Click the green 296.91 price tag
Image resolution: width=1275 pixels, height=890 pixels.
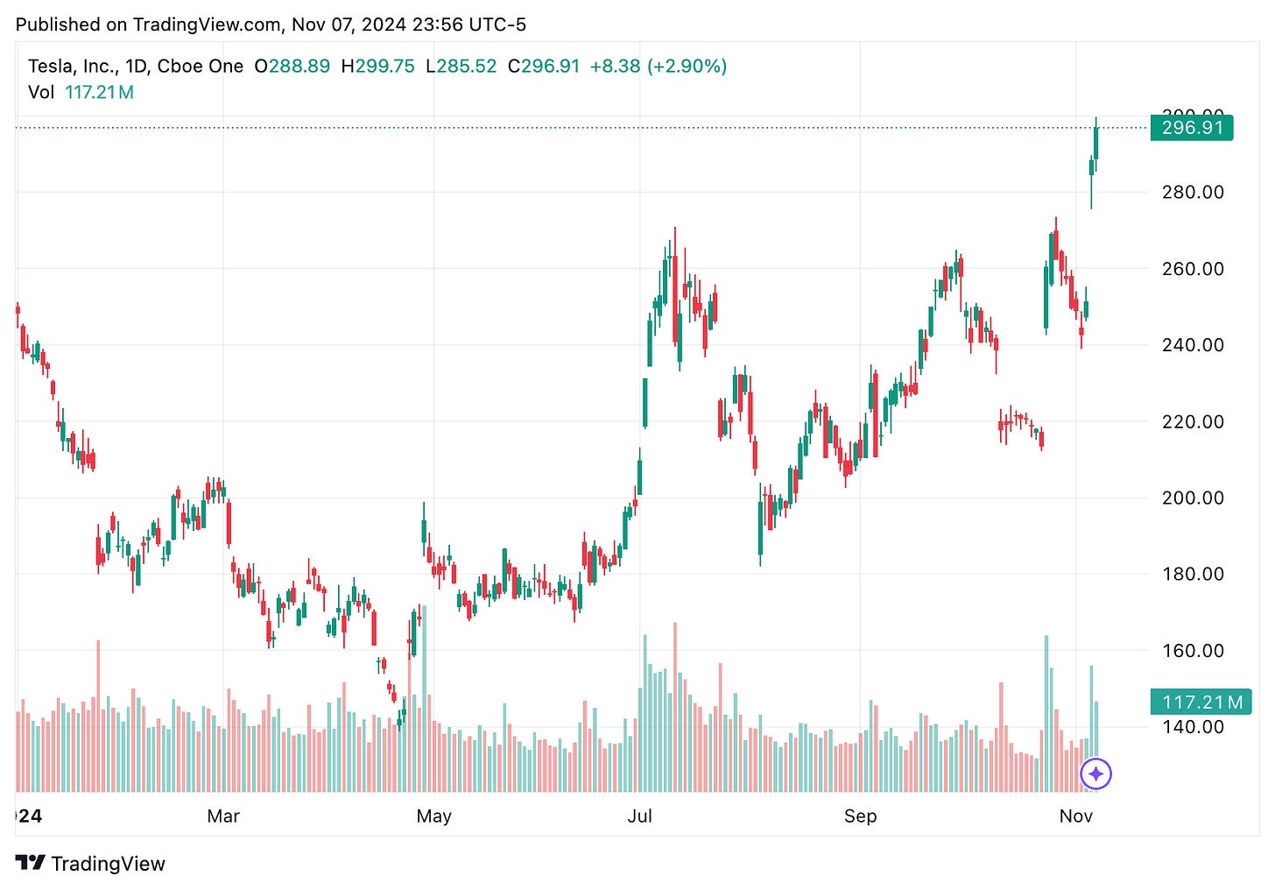click(x=1192, y=128)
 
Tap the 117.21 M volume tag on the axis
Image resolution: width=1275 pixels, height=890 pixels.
click(x=1201, y=702)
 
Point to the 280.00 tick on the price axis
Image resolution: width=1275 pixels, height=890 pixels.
click(x=1193, y=192)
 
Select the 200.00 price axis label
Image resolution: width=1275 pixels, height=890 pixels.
click(x=1193, y=498)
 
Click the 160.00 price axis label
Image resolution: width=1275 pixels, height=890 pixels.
click(x=1193, y=650)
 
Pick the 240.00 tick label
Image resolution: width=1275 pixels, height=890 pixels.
click(x=1193, y=345)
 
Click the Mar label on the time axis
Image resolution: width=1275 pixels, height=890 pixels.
click(x=223, y=816)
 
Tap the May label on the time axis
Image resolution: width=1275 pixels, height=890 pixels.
click(x=433, y=816)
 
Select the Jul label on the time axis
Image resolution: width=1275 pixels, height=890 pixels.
click(x=639, y=816)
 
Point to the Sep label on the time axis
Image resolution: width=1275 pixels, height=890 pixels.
click(x=860, y=816)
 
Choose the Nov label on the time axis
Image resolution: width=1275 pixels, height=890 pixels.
click(x=1075, y=816)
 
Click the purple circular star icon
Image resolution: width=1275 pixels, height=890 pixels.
click(x=1095, y=773)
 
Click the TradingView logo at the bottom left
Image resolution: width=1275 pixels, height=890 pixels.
click(x=90, y=864)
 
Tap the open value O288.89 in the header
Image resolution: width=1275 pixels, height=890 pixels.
click(x=292, y=67)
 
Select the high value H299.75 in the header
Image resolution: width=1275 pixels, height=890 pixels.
click(x=377, y=67)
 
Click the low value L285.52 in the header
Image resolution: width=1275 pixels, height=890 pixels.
click(x=461, y=67)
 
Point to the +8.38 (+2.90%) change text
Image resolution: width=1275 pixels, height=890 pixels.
click(x=659, y=67)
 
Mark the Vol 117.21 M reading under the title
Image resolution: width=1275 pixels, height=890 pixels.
click(x=81, y=93)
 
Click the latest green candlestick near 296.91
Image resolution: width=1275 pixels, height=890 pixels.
click(x=1095, y=143)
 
